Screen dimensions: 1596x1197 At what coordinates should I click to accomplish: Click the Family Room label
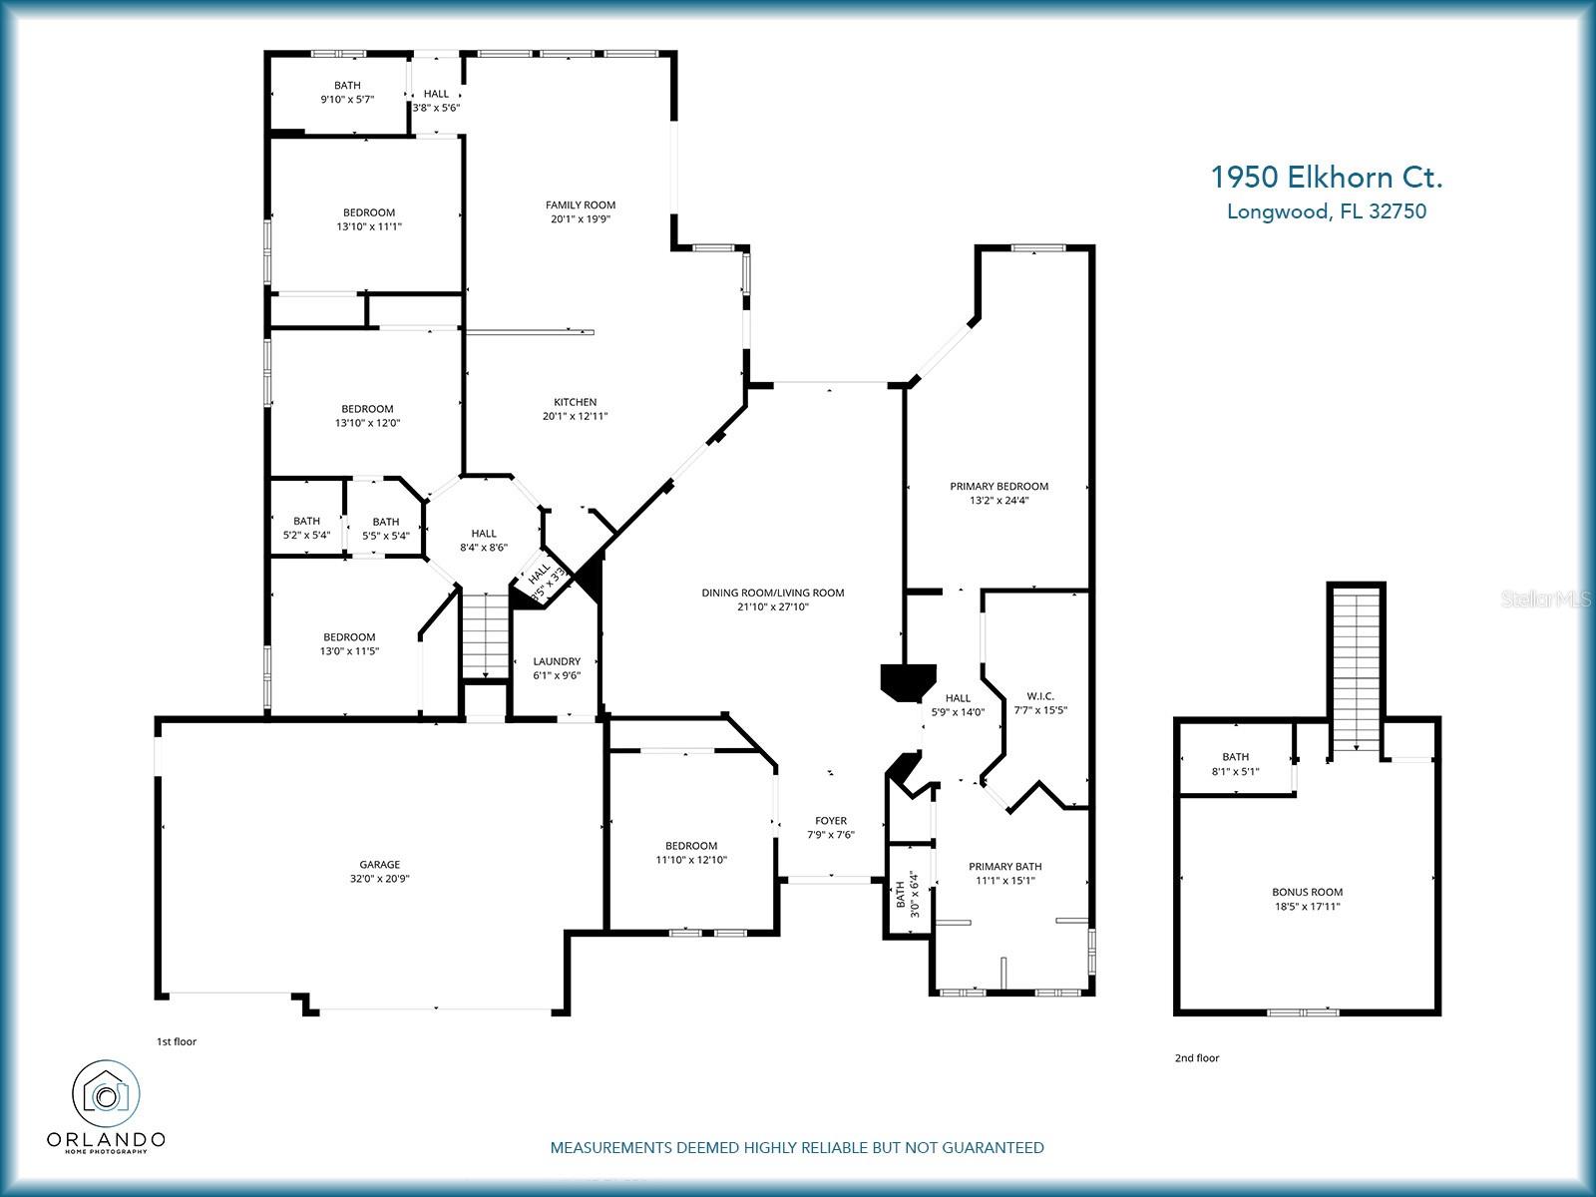click(x=581, y=204)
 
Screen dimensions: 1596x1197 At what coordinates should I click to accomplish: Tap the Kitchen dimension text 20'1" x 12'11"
click(x=576, y=416)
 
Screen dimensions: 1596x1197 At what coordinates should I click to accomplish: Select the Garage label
click(x=380, y=864)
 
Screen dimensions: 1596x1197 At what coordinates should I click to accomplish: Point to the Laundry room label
click(x=557, y=661)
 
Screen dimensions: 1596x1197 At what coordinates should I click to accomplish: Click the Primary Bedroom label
click(x=999, y=486)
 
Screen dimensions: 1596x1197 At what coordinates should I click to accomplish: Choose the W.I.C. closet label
click(x=1040, y=696)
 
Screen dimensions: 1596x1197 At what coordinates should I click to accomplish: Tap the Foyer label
click(x=831, y=821)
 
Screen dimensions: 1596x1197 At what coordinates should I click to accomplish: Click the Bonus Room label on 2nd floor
click(x=1308, y=892)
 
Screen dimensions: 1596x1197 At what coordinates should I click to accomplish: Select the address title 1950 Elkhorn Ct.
click(x=1327, y=178)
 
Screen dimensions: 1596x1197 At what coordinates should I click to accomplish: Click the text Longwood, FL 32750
click(x=1327, y=211)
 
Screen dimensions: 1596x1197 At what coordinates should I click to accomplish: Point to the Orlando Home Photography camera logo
click(x=106, y=1094)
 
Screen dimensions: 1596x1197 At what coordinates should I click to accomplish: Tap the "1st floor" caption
click(x=177, y=1041)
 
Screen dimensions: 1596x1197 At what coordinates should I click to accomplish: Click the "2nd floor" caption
click(x=1197, y=1058)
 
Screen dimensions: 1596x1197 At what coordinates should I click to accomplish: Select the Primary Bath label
click(x=1004, y=866)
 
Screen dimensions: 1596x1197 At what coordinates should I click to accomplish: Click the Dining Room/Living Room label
click(x=773, y=594)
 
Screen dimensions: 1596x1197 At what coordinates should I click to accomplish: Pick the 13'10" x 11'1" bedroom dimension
click(x=369, y=226)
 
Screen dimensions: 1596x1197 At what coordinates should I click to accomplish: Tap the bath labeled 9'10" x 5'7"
click(x=347, y=93)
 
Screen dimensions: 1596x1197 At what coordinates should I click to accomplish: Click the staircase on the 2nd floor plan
click(x=1356, y=671)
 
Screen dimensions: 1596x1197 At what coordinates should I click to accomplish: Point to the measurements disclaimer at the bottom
click(x=797, y=1147)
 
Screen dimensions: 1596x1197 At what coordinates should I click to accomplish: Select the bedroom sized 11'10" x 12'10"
click(x=691, y=853)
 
